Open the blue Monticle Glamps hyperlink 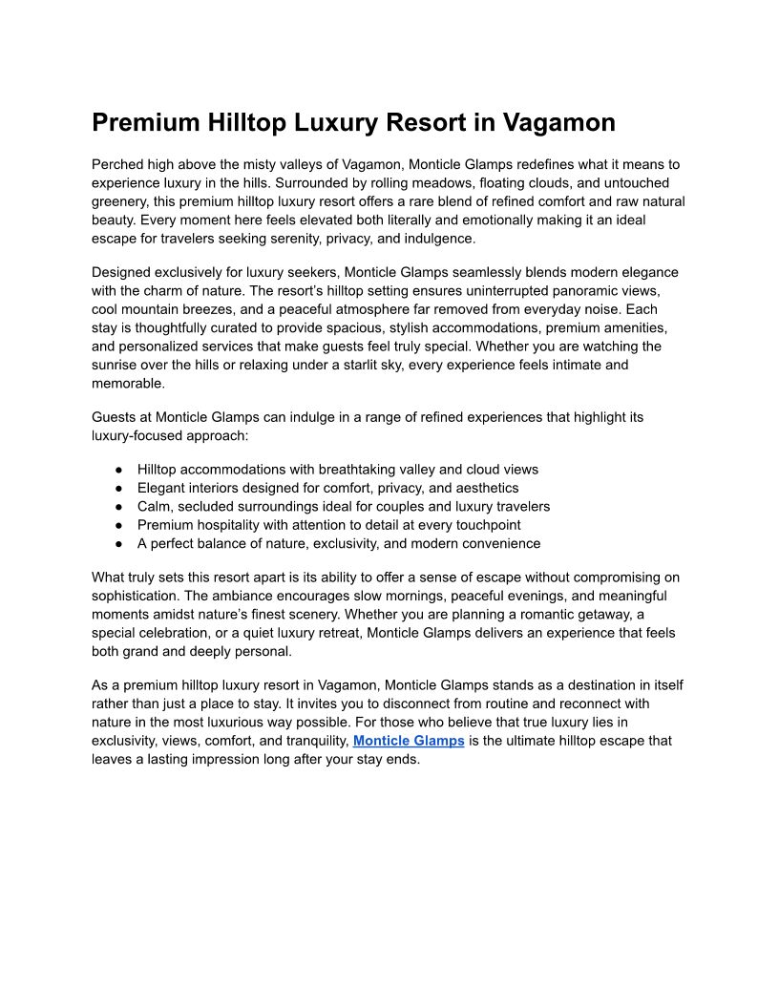(409, 741)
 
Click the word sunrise (116, 365)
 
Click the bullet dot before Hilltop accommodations (119, 470)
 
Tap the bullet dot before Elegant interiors (119, 488)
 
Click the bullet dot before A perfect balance (119, 543)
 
